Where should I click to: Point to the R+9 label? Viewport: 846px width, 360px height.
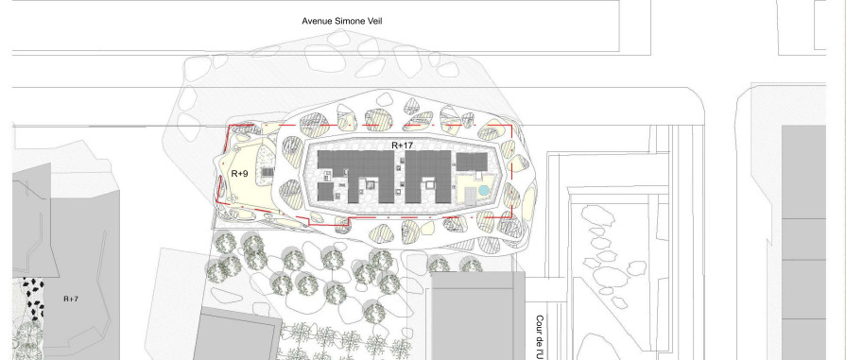click(239, 174)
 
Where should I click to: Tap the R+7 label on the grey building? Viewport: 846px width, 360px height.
click(71, 299)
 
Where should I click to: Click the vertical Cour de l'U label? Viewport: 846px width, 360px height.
click(540, 335)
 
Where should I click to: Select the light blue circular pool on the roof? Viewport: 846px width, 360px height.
click(483, 190)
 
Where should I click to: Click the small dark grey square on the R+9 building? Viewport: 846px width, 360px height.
click(268, 172)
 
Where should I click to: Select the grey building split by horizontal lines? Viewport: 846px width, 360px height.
click(813, 246)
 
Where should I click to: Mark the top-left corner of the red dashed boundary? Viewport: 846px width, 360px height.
click(230, 127)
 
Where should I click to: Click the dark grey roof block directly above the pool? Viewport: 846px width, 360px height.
click(471, 163)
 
